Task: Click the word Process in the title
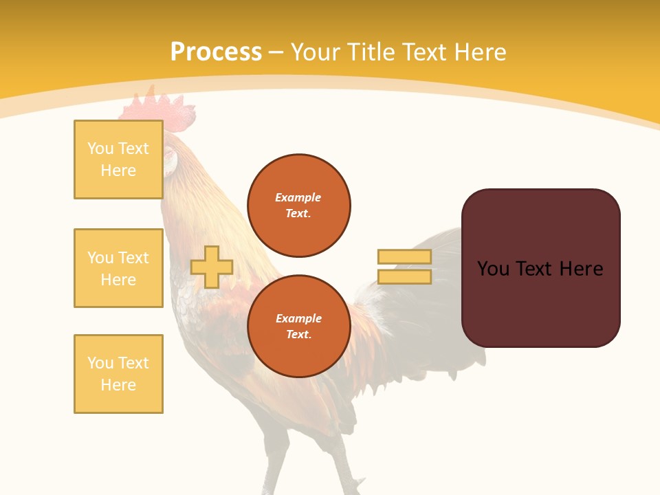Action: tap(216, 52)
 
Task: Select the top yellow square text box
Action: tap(118, 159)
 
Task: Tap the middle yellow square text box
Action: tap(118, 268)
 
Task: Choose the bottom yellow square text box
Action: tap(118, 374)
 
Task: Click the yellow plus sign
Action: tap(212, 267)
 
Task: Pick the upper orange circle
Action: tap(298, 206)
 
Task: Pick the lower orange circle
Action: tap(298, 327)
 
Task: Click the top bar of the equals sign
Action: tap(404, 256)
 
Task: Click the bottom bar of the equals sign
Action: tap(404, 277)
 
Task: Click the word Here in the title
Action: tap(478, 52)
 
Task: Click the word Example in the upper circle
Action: tap(298, 197)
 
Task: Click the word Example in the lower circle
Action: tap(298, 318)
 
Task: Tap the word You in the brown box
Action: tap(493, 269)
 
